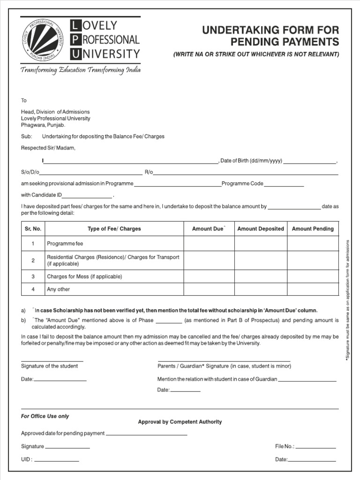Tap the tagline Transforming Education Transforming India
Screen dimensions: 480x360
click(x=80, y=70)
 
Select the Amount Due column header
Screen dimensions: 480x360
click(x=209, y=229)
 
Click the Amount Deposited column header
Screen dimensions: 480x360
click(x=261, y=229)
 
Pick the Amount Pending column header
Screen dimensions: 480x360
click(x=313, y=229)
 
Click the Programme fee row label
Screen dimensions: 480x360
click(x=65, y=244)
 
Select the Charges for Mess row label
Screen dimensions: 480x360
click(x=84, y=277)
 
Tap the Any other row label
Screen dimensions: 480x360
click(x=58, y=289)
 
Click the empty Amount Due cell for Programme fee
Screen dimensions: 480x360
click(x=209, y=244)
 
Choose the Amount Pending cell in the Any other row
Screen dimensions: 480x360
click(x=313, y=289)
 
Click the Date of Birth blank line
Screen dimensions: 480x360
click(x=309, y=161)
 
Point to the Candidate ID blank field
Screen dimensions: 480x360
click(x=87, y=196)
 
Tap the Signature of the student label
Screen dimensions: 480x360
click(x=49, y=366)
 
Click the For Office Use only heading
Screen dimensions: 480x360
click(x=45, y=416)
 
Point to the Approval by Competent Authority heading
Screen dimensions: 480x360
click(x=180, y=422)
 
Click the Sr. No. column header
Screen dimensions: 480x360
click(x=33, y=229)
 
